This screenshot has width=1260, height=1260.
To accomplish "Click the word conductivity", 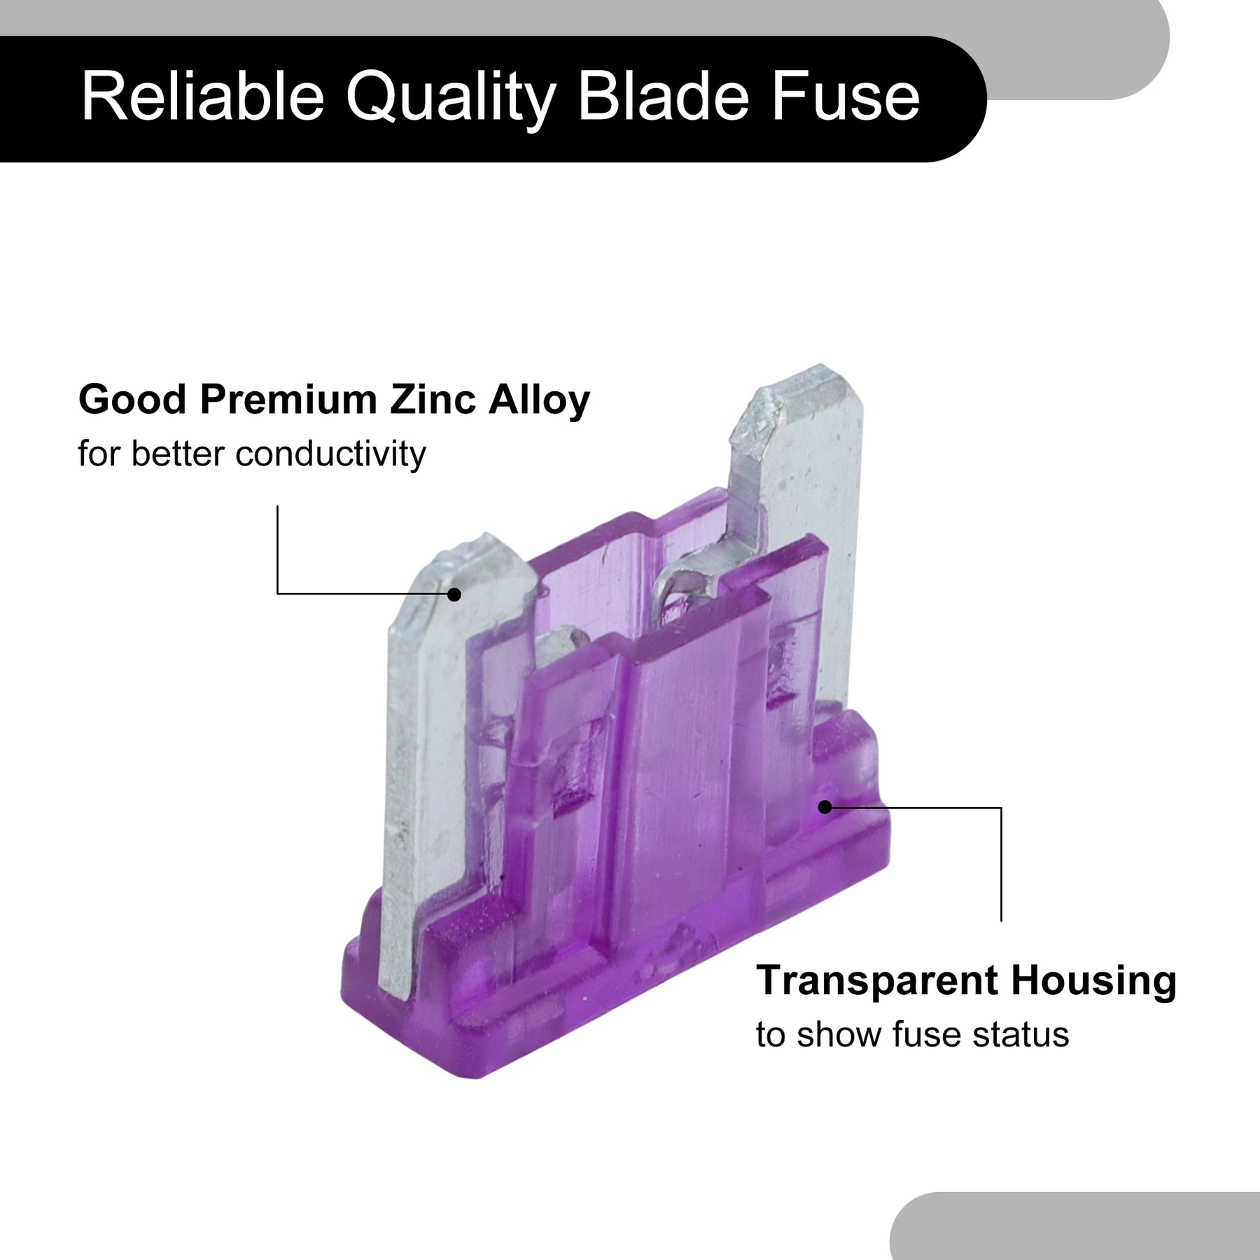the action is [x=330, y=454].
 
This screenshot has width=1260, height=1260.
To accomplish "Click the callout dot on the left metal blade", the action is [x=454, y=594].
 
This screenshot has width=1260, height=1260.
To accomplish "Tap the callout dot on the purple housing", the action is [x=825, y=807].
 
